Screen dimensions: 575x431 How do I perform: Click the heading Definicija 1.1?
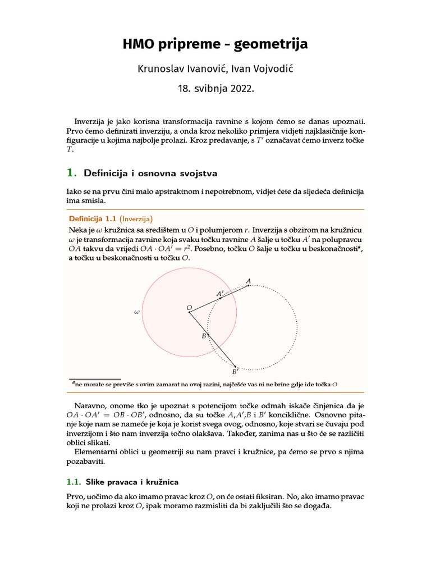click(x=93, y=218)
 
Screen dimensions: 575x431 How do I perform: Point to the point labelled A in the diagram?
click(x=249, y=285)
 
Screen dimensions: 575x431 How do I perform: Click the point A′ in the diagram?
click(x=220, y=298)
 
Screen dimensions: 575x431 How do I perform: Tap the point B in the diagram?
click(x=208, y=335)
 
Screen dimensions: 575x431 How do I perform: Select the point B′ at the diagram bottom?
click(x=235, y=367)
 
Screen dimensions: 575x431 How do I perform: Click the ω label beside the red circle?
click(x=136, y=311)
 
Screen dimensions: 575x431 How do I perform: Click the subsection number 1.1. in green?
click(x=74, y=482)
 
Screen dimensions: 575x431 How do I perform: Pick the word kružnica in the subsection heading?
click(x=162, y=482)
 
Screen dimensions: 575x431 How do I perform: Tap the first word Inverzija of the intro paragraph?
click(x=91, y=121)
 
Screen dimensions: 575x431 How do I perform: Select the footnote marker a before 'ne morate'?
click(x=74, y=382)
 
